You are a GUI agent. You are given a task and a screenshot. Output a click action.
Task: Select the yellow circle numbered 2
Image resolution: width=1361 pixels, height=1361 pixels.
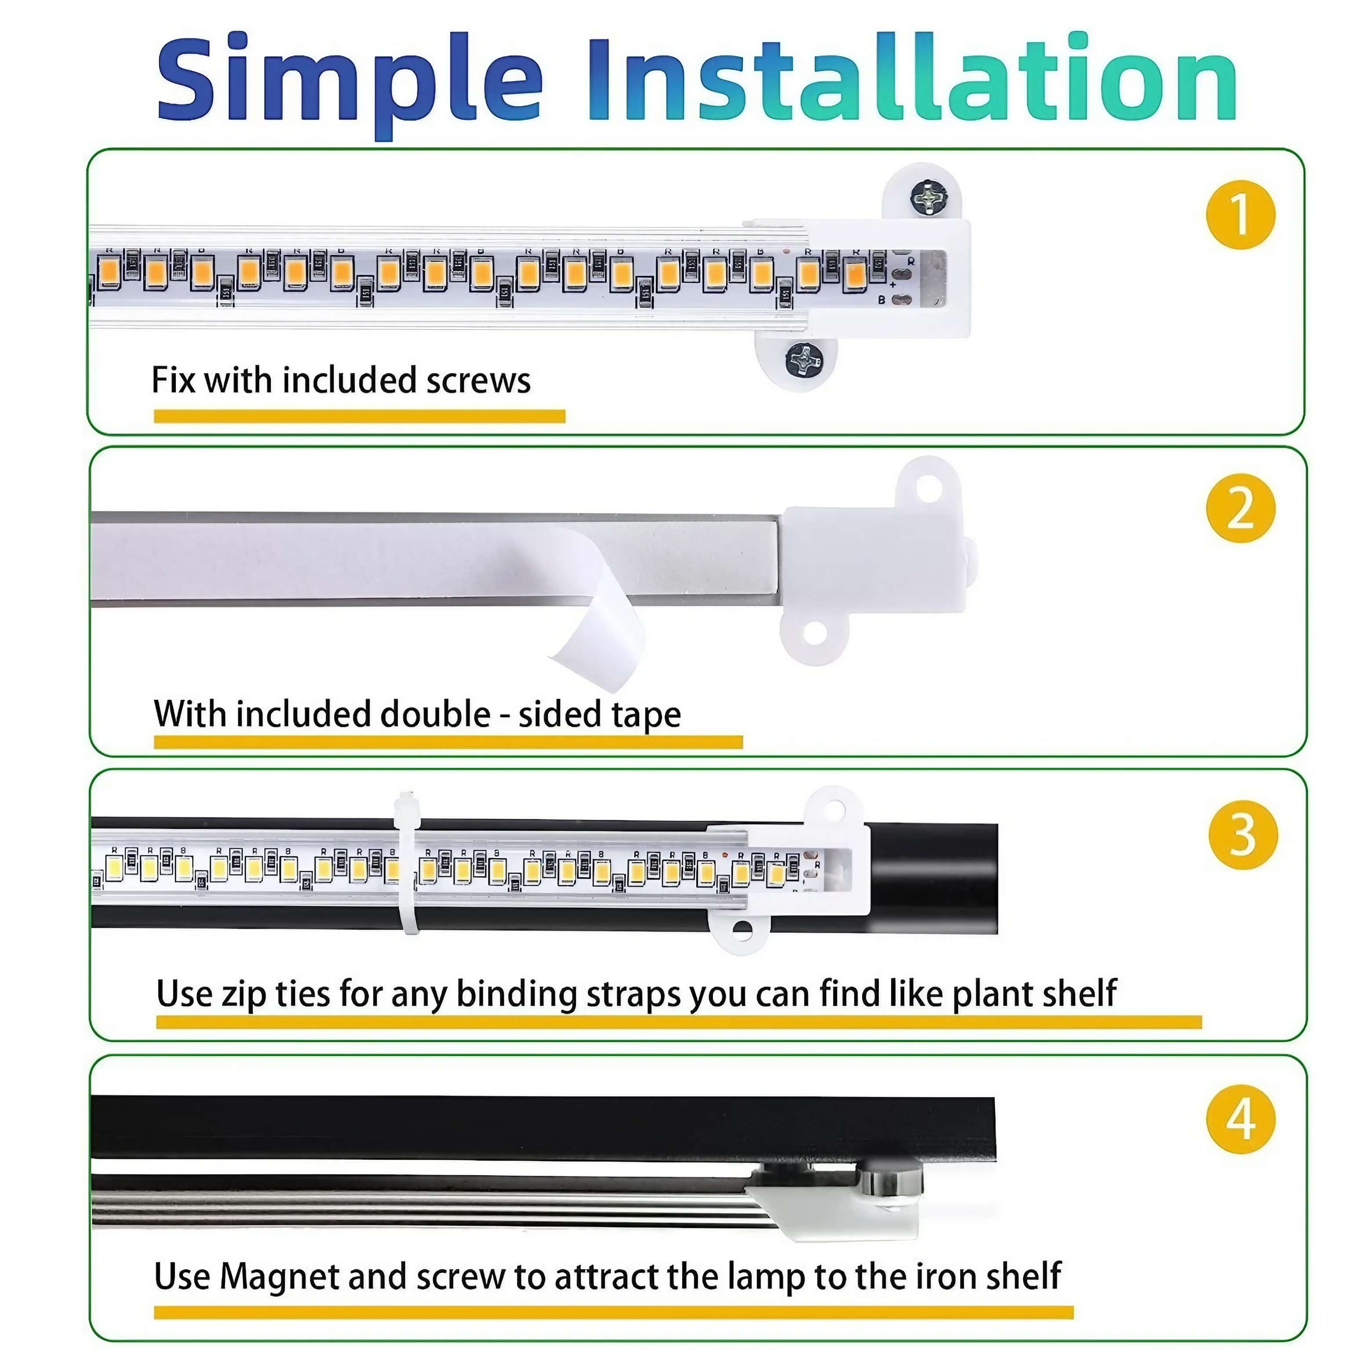pyautogui.click(x=1241, y=508)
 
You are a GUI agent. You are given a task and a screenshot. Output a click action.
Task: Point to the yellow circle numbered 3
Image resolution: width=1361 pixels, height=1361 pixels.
pyautogui.click(x=1243, y=835)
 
